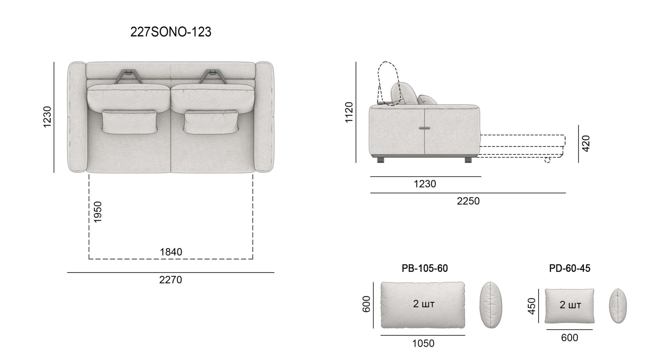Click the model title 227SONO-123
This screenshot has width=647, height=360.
tap(171, 32)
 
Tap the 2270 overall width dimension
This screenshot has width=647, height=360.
tap(171, 280)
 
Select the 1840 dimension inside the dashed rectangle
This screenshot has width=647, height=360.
tap(171, 252)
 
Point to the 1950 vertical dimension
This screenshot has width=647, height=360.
tap(98, 212)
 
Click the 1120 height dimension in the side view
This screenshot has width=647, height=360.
tap(349, 112)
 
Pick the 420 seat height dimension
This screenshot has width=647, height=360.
tap(586, 143)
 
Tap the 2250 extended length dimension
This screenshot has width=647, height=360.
tap(468, 201)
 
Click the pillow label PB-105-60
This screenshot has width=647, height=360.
tap(425, 268)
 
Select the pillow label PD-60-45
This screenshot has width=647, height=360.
tap(569, 268)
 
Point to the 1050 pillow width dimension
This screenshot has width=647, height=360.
tap(423, 343)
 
